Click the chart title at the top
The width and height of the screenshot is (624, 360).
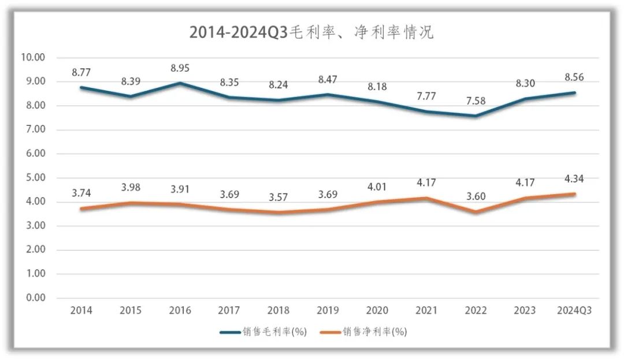coord(311,32)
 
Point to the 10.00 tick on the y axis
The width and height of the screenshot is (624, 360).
coord(32,57)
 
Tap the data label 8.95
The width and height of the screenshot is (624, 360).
coord(180,68)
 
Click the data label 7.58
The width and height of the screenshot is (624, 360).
coord(475,102)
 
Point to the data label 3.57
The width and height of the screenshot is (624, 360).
coord(278,197)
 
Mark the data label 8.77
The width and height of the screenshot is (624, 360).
coord(81,73)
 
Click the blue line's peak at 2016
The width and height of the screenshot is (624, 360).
coord(180,83)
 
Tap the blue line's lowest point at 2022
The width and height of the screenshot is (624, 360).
coord(475,116)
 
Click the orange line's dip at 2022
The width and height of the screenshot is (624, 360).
coord(475,211)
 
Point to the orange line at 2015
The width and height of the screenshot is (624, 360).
coord(131,203)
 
